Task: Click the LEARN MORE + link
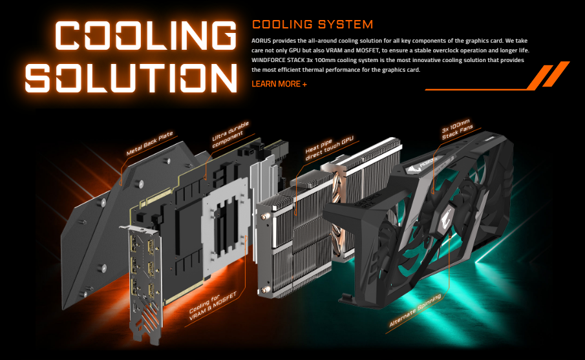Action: [279, 84]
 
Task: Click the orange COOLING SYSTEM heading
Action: [312, 25]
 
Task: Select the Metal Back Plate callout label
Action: [149, 144]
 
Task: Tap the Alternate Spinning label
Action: [415, 310]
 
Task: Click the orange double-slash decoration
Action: [548, 75]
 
